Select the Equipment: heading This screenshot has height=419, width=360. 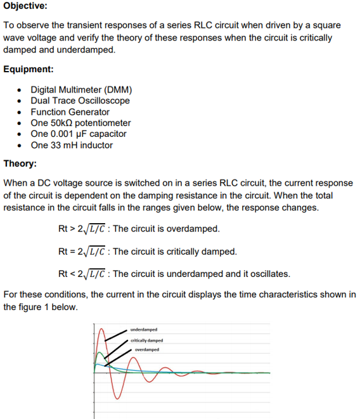(x=29, y=69)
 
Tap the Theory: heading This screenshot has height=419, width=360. (x=20, y=164)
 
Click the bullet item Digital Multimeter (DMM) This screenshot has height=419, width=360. (x=81, y=89)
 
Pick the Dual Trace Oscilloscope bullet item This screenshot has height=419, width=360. (x=80, y=101)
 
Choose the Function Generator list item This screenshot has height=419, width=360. (x=70, y=112)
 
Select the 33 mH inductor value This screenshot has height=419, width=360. (x=65, y=145)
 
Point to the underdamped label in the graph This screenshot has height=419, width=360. (x=144, y=330)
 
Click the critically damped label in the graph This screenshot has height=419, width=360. (x=146, y=340)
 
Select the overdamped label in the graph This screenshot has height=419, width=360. (x=146, y=349)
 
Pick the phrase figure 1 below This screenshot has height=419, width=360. (x=53, y=307)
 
